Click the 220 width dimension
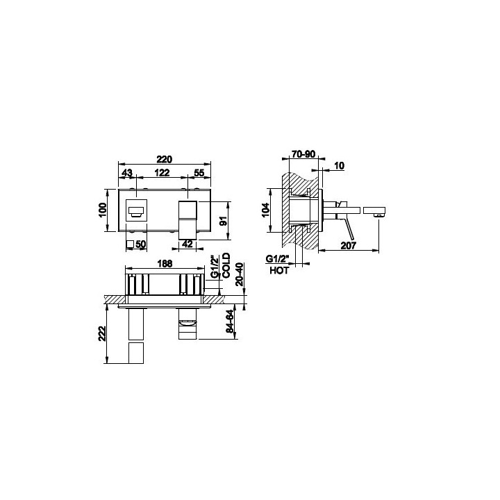click(x=165, y=159)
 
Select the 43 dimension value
click(x=127, y=173)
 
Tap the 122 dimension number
click(x=162, y=173)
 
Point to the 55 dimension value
click(x=199, y=173)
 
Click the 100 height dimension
click(x=103, y=210)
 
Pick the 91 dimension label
click(x=224, y=221)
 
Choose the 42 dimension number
click(x=187, y=244)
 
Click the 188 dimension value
click(x=165, y=263)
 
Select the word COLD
click(x=226, y=265)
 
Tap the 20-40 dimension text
click(x=240, y=274)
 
